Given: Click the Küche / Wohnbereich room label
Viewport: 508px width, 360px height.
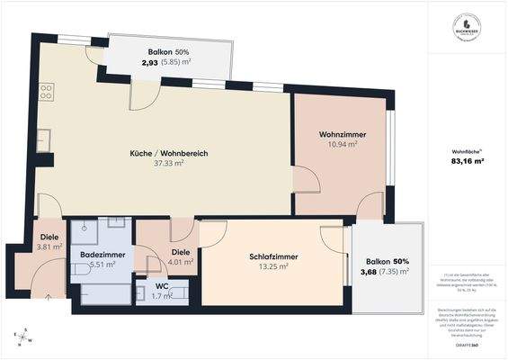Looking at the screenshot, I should (169, 153).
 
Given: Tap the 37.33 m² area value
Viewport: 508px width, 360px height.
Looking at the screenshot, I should (169, 164).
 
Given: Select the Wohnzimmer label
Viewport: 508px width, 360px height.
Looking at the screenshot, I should (342, 134).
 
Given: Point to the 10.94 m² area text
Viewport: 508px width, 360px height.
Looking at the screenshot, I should (342, 144).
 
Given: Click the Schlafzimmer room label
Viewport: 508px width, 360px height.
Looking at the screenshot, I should (272, 256).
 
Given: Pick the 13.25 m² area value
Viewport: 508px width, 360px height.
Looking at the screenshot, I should (272, 266).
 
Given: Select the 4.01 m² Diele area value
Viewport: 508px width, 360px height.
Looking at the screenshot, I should (181, 263).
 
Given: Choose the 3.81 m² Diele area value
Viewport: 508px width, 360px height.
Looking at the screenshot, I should (49, 247).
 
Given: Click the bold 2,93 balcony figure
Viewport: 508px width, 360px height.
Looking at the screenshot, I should (149, 62).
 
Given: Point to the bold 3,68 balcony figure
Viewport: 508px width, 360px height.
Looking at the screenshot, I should (369, 271).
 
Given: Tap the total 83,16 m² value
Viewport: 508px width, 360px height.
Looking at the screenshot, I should (468, 162).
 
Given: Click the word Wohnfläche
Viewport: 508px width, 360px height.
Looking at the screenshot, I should (466, 150).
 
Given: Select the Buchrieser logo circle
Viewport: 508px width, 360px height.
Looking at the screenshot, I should (465, 25).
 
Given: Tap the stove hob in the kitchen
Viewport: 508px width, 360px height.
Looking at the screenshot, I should (46, 92).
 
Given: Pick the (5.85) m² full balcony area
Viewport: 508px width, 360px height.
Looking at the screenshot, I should (176, 62).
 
